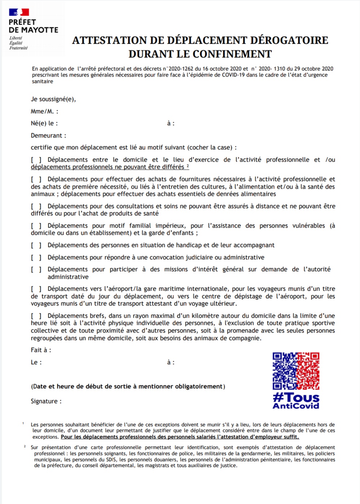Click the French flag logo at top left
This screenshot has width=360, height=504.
pyautogui.click(x=19, y=12)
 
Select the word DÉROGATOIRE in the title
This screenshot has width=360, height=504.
pyautogui.click(x=289, y=40)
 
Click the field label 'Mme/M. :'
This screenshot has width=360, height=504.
pyautogui.click(x=44, y=111)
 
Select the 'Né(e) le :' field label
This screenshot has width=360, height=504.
pyautogui.click(x=44, y=123)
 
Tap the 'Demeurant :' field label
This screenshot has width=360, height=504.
pyautogui.click(x=48, y=136)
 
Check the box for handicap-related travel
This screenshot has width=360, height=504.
pyautogui.click(x=36, y=246)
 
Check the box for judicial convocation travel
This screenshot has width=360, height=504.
pyautogui.click(x=36, y=257)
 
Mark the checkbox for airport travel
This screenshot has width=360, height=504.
pyautogui.click(x=36, y=289)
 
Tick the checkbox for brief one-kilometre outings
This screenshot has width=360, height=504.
pyautogui.click(x=36, y=316)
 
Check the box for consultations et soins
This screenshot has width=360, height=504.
pyautogui.click(x=36, y=206)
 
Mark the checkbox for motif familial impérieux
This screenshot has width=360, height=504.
pyautogui.click(x=36, y=226)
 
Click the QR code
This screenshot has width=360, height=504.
pyautogui.click(x=296, y=371)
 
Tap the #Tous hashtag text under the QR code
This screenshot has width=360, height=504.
pyautogui.click(x=296, y=398)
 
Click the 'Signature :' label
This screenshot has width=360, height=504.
pyautogui.click(x=46, y=401)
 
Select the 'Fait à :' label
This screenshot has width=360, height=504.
pyautogui.click(x=41, y=350)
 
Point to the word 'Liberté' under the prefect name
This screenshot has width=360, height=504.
pyautogui.click(x=16, y=38)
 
